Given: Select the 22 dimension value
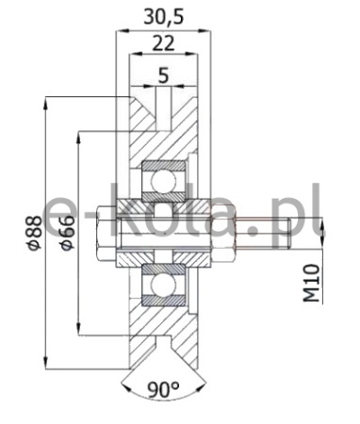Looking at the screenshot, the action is coord(163,43).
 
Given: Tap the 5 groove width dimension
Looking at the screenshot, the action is coord(163,75).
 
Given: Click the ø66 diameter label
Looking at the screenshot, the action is coord(68,233).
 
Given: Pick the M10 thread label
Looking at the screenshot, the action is coord(311,283).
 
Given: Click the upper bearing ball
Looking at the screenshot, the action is coord(163,182).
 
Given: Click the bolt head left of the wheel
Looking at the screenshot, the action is coord(107,233).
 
